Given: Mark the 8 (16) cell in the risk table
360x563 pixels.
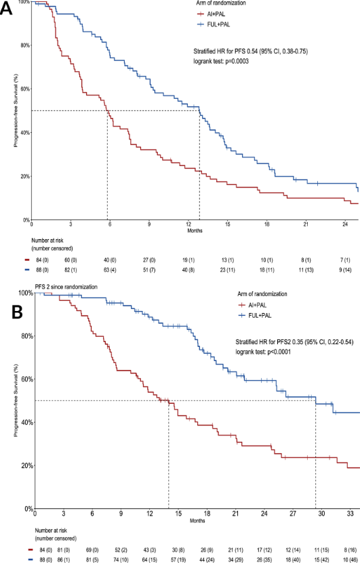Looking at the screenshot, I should click(x=349, y=543).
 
